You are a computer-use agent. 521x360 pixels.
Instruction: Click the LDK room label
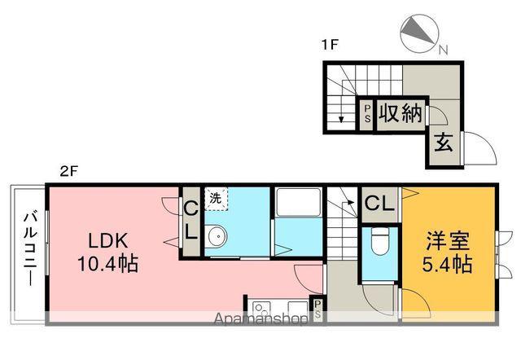107,240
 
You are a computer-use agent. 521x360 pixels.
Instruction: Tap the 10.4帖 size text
107,264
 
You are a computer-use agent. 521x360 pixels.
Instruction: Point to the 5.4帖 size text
448,264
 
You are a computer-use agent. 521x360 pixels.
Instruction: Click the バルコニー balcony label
31,248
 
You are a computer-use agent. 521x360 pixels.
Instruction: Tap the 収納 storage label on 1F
401,113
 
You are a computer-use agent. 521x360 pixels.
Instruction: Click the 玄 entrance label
444,143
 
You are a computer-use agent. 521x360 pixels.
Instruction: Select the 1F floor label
329,45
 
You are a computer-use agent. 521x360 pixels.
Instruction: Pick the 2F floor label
68,172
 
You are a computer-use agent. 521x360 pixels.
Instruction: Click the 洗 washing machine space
216,199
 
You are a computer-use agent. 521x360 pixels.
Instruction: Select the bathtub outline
299,203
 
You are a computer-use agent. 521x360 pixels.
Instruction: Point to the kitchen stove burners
261,308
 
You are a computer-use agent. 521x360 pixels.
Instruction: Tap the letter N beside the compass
444,50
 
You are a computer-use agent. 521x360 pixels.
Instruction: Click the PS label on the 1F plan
367,114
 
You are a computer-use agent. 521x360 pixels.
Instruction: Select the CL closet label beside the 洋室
379,203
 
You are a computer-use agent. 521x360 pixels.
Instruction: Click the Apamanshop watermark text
260,319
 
